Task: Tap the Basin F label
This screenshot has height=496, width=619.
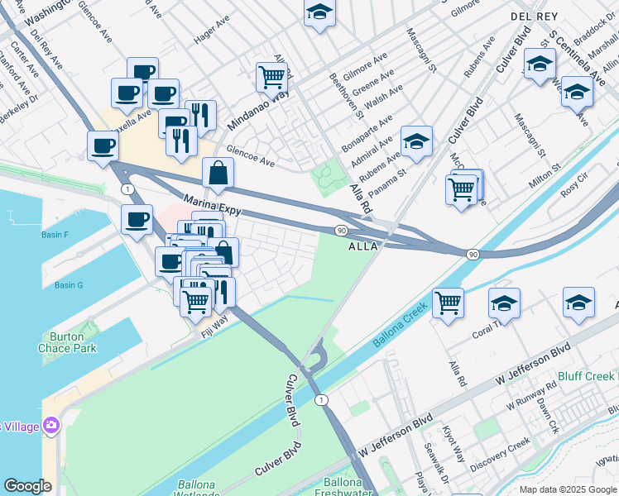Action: point(55,235)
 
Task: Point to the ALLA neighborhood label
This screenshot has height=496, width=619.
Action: point(363,246)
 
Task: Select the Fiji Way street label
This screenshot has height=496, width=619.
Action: point(214,325)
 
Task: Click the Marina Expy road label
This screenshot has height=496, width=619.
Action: point(212,206)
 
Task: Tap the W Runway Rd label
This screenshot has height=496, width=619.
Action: point(528,403)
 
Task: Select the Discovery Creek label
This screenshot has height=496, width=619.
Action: point(499,456)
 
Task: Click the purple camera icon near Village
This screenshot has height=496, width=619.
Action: point(52,425)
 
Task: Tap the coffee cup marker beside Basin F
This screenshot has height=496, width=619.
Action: point(137,220)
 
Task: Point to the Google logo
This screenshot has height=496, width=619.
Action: point(27,486)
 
